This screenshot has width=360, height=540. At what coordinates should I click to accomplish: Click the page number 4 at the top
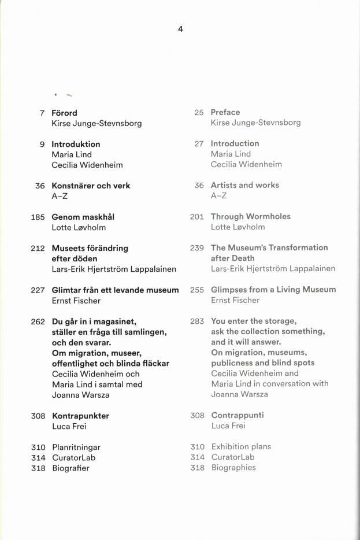click(180, 29)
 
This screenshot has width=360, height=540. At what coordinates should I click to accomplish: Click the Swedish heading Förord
click(64, 113)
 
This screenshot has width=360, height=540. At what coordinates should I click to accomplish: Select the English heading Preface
click(225, 112)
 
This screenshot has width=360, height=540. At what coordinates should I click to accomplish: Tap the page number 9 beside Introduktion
click(42, 144)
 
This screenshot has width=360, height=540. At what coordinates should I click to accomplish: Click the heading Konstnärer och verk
click(91, 186)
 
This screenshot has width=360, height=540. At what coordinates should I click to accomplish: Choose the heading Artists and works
click(244, 185)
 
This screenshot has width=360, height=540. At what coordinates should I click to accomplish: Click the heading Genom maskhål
click(83, 217)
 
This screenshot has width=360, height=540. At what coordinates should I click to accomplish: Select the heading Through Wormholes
click(250, 216)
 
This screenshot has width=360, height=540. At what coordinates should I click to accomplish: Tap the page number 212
click(38, 248)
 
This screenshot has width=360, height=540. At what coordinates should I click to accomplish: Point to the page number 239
click(197, 247)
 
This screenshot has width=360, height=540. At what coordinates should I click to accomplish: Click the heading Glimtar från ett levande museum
click(115, 290)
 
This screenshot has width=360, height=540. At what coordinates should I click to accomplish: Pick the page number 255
click(197, 290)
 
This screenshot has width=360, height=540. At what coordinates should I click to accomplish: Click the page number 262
click(38, 321)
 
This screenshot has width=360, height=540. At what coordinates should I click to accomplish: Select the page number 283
click(197, 321)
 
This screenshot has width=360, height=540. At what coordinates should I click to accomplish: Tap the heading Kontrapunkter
click(80, 416)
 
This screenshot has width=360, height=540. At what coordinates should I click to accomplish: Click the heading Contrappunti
click(237, 415)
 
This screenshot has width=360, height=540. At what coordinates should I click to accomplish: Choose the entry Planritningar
click(76, 447)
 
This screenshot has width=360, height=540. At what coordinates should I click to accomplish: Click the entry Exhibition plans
click(241, 446)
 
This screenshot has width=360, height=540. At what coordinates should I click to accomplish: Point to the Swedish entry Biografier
click(70, 468)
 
